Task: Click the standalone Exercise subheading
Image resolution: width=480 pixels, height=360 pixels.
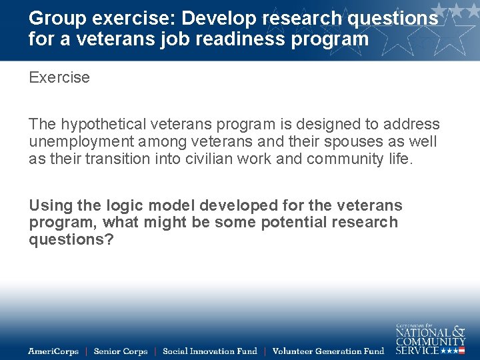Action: [x=59, y=77]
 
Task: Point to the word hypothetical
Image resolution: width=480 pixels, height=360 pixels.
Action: [x=103, y=124]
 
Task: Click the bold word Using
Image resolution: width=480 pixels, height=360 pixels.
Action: [x=51, y=205]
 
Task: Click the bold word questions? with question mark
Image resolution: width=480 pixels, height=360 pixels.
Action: [x=71, y=240]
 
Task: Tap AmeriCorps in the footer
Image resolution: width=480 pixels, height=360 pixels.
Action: [x=53, y=351]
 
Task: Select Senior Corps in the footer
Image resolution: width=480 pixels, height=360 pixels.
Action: [x=121, y=351]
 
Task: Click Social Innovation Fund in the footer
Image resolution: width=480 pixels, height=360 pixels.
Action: [x=209, y=351]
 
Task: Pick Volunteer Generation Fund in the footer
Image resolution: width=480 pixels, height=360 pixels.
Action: [x=329, y=351]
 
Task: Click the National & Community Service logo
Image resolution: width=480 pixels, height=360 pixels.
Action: [x=430, y=339]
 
